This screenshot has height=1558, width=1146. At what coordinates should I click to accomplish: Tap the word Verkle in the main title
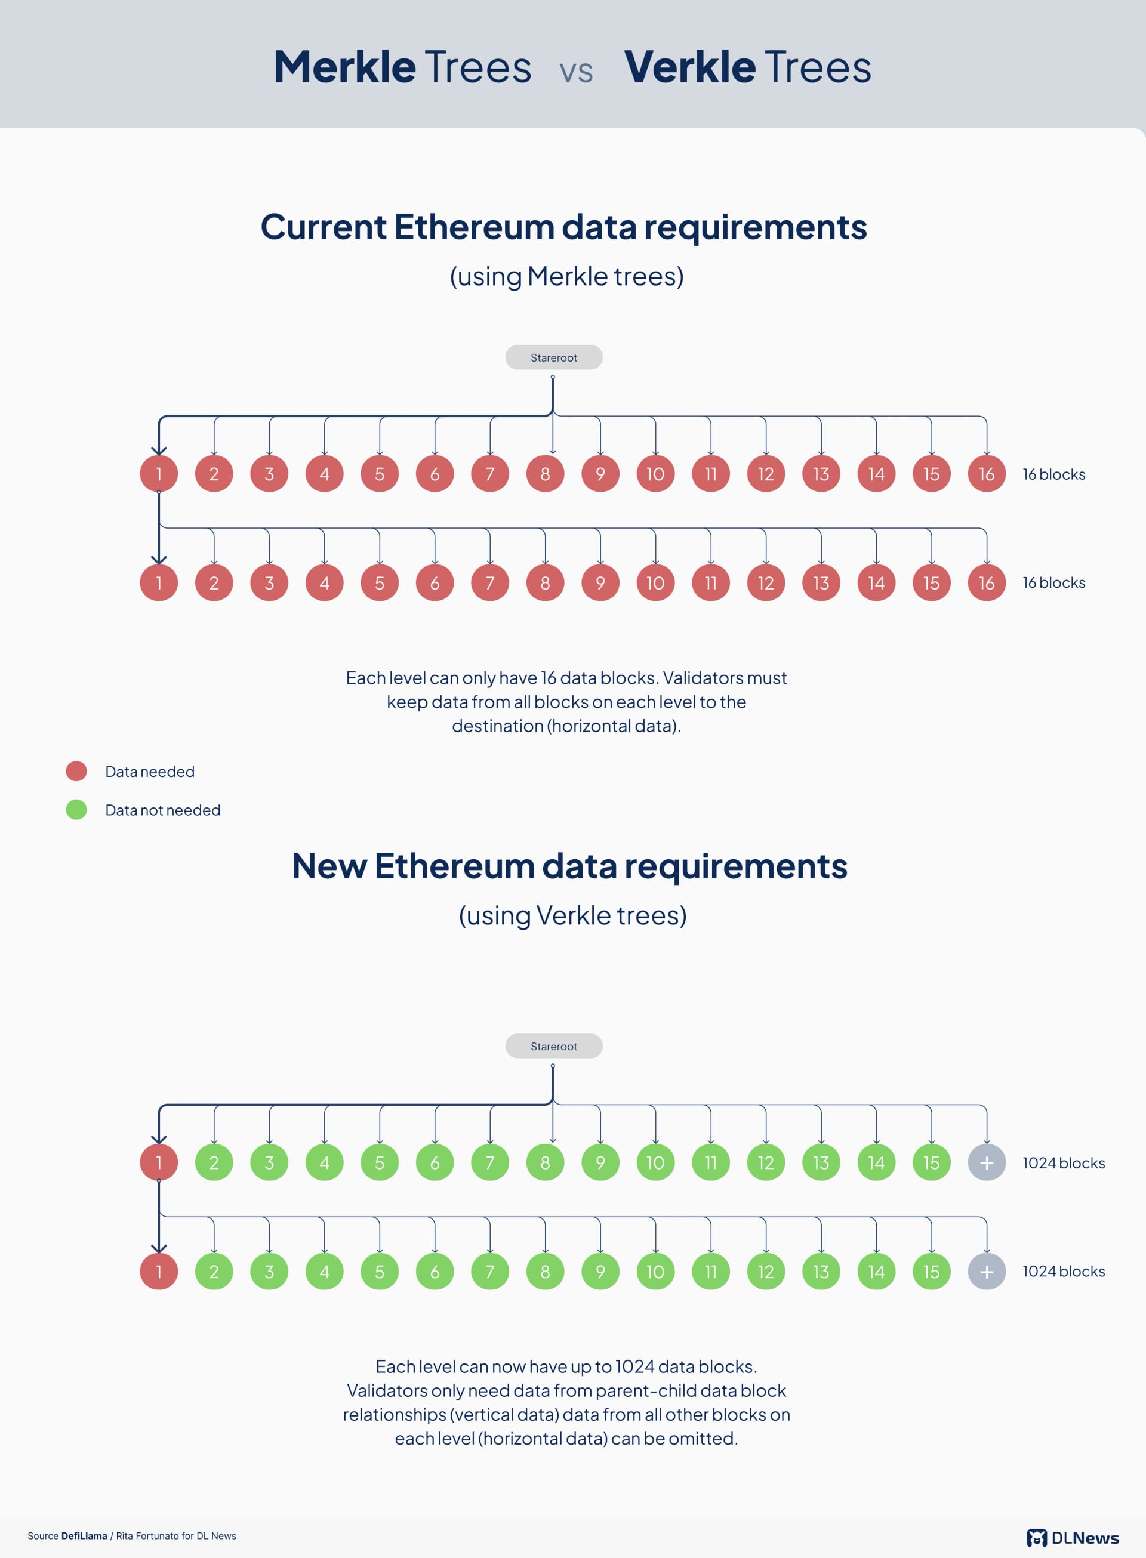click(689, 67)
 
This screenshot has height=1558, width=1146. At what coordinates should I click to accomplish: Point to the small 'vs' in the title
click(576, 72)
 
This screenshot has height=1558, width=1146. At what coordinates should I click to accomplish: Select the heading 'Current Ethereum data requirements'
click(563, 227)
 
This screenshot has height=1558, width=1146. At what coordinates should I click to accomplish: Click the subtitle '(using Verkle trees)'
click(572, 915)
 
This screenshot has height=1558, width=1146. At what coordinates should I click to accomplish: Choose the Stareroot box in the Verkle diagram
click(553, 1046)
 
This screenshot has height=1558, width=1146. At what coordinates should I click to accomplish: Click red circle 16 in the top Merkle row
click(987, 474)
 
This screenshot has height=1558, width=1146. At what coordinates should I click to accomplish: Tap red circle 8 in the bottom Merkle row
click(546, 582)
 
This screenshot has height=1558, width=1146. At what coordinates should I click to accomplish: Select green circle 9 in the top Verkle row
click(600, 1162)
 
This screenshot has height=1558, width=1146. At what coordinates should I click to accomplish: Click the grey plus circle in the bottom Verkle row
click(987, 1271)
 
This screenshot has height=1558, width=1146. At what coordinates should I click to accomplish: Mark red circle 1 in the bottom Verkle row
click(159, 1271)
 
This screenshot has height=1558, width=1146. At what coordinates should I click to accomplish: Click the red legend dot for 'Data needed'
click(76, 771)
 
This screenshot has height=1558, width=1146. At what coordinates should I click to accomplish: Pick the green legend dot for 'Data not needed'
click(76, 809)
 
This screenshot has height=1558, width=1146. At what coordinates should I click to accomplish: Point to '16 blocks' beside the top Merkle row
click(1053, 474)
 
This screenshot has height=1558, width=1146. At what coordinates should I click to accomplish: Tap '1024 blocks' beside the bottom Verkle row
click(1064, 1271)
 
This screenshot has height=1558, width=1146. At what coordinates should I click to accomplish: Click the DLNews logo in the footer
click(1073, 1537)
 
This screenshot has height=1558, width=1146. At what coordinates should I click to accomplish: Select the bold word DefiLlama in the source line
click(84, 1536)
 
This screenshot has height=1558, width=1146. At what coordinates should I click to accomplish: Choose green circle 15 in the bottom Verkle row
click(931, 1271)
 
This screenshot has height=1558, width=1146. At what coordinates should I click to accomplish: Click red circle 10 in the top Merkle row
click(655, 474)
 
